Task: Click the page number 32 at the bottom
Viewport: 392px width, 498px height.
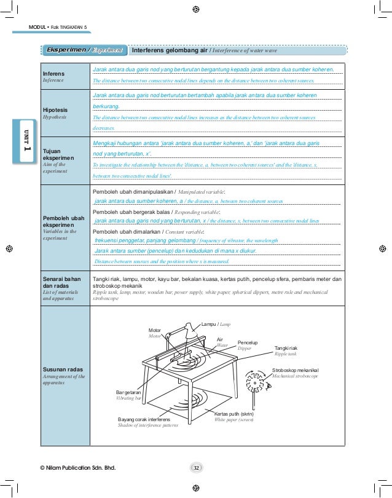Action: (x=196, y=468)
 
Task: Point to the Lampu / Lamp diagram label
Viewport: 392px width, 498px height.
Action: (x=216, y=323)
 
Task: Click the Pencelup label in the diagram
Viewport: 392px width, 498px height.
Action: (x=247, y=341)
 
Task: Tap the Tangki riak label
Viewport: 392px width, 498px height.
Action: (x=288, y=349)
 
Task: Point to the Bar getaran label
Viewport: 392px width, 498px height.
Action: (x=128, y=392)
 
